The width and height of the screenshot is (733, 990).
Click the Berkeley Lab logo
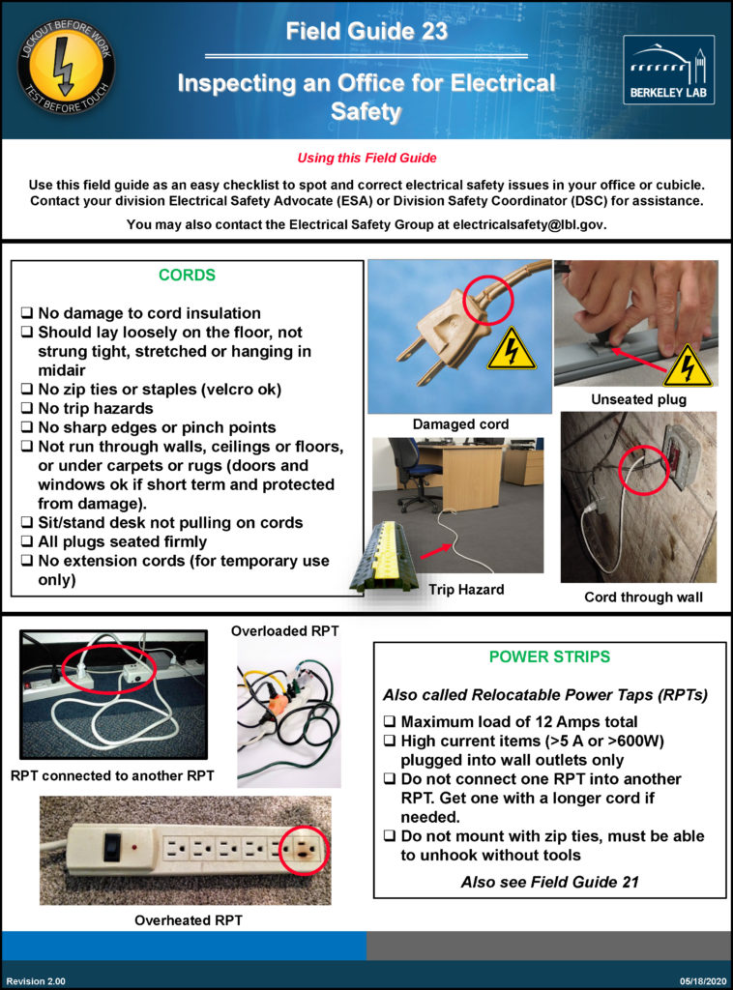point(668,70)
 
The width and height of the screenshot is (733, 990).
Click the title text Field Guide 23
point(366,32)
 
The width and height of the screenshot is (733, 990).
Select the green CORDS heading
point(187,276)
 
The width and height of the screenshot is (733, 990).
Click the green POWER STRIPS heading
point(549,657)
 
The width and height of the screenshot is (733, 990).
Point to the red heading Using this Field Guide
point(366,159)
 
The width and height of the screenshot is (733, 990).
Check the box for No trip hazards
point(27,409)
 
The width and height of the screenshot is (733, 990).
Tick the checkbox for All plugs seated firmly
point(27,542)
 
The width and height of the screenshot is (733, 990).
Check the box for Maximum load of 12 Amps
point(389,722)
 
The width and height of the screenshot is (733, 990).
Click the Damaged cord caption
point(459,424)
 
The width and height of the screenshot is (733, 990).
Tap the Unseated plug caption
point(637,399)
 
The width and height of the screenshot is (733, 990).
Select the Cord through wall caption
point(643,597)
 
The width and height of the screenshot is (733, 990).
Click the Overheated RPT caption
point(189,920)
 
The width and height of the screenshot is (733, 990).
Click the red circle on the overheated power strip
point(303,852)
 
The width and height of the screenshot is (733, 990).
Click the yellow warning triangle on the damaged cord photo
point(511,351)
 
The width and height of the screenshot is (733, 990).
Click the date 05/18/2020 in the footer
point(697,981)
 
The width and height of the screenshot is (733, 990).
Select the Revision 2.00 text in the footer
point(36,981)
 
